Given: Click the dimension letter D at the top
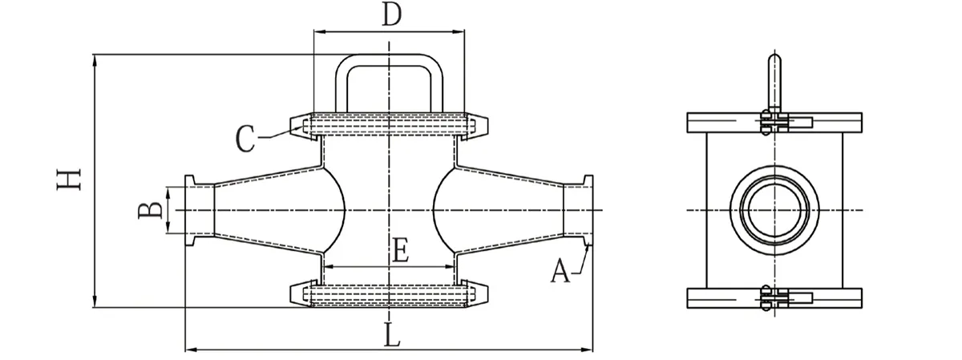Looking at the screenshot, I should [390, 14].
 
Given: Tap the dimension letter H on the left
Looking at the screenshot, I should [71, 180].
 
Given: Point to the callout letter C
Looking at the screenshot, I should [246, 140].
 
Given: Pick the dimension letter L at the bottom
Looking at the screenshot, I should [390, 335].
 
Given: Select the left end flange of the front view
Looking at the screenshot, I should [190, 210].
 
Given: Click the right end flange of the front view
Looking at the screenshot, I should [588, 210].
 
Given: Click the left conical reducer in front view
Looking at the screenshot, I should [265, 210].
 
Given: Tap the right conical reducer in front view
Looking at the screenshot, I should [513, 210].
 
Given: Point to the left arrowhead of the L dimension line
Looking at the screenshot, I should [190, 350].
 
